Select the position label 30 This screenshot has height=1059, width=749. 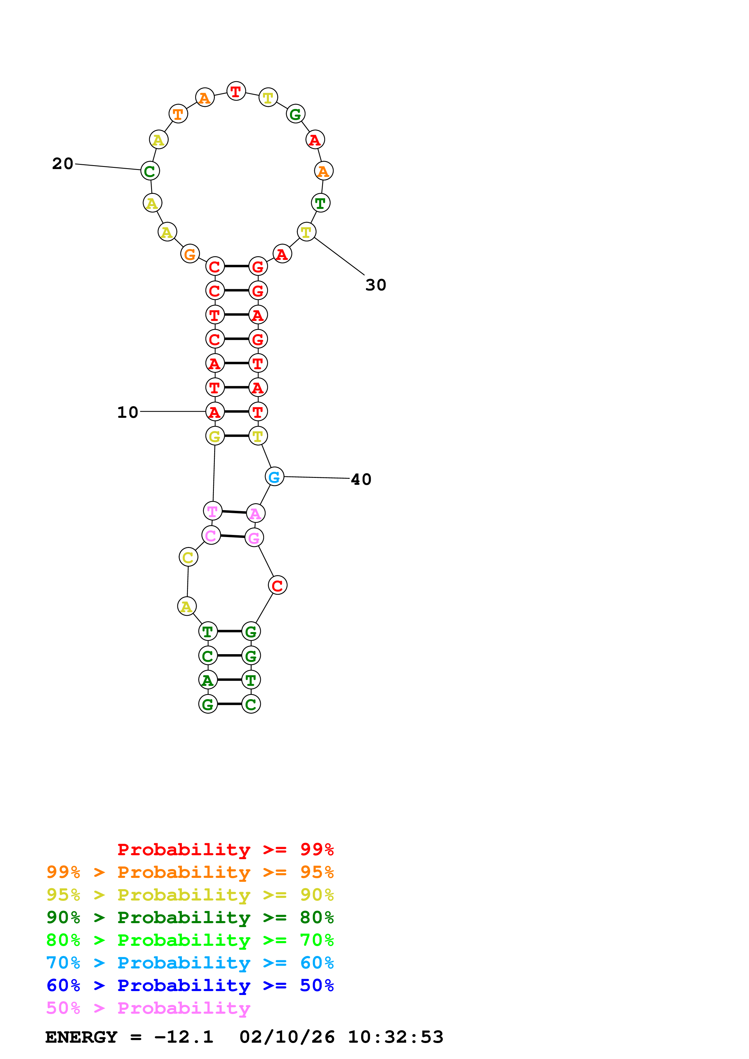pos(375,285)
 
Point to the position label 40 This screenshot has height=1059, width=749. pos(361,479)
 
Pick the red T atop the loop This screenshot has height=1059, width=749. pos(236,91)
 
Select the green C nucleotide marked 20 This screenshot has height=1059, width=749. pos(150,171)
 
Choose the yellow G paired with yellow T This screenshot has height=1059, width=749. pos(215,436)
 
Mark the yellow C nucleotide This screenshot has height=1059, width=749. pos(188,557)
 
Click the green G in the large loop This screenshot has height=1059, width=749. pos(295,114)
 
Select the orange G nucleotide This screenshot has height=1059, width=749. pos(190,254)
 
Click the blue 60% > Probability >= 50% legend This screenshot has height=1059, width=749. pos(190,985)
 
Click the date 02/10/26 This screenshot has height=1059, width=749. pos(287,1037)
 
